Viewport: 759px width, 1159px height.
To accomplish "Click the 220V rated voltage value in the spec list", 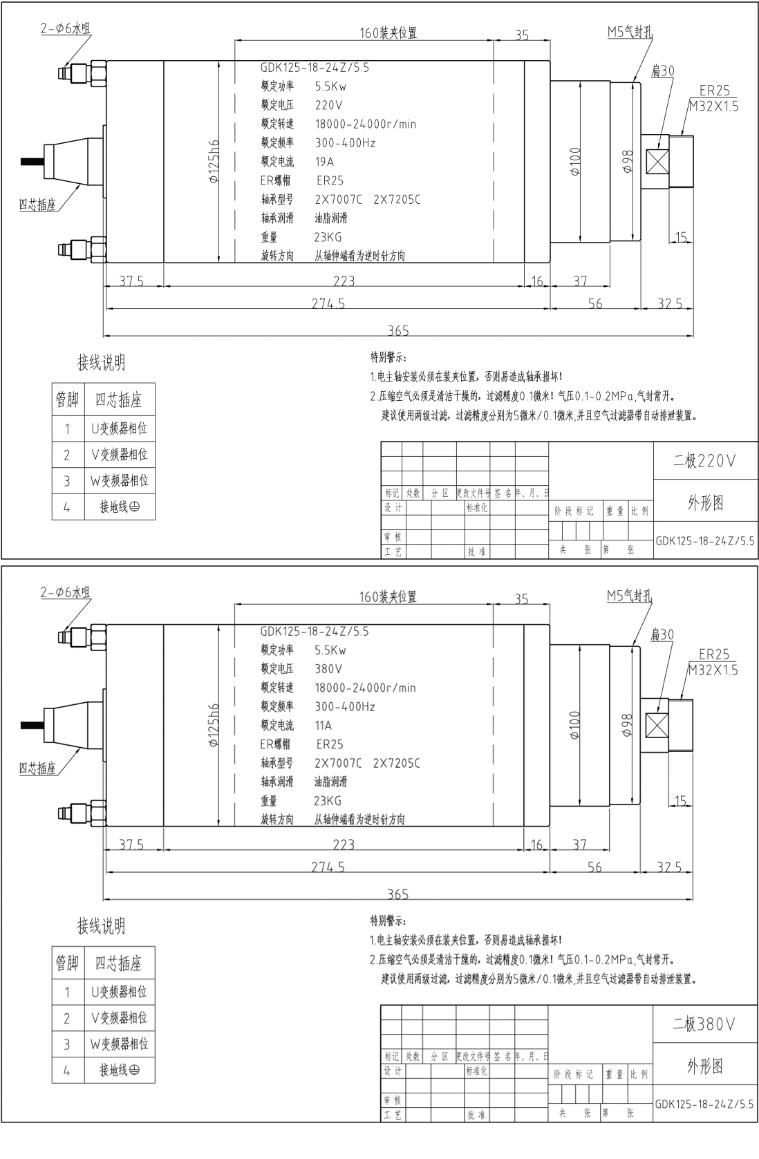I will coord(328,106).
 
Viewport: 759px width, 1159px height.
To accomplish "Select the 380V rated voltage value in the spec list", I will coord(328,669).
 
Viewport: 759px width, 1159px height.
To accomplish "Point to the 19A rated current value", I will coord(324,162).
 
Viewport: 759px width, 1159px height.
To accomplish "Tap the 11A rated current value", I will coord(323,726).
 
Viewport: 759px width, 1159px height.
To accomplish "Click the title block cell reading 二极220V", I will coord(704,461).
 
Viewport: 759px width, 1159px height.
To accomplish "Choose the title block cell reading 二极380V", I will coord(704,1024).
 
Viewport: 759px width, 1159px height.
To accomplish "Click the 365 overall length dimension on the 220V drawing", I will coord(397,331).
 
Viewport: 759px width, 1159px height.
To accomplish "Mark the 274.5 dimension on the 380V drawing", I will coord(328,867).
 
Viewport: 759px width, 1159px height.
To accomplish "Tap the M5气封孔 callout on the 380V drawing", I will coord(629,596).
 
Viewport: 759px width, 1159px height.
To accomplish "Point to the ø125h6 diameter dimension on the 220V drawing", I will coord(214,161).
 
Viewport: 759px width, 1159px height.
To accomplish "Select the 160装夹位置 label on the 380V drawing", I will coord(388,596).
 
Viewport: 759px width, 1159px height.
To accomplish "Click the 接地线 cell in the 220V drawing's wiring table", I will coord(119,507).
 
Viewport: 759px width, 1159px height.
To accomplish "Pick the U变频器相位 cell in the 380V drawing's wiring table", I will coord(119,992).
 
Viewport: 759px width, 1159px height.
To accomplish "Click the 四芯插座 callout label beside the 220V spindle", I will coord(37,205).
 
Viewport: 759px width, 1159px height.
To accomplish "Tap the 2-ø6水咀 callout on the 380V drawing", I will coord(65,592).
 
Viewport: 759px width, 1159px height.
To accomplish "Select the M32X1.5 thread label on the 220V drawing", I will coord(713,106).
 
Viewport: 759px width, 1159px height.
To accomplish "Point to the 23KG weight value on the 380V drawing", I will coord(327,801).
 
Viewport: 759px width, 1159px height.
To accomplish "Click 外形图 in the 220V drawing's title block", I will coord(704,502).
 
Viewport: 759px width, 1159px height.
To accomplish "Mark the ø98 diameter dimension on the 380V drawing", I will coord(628,724).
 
